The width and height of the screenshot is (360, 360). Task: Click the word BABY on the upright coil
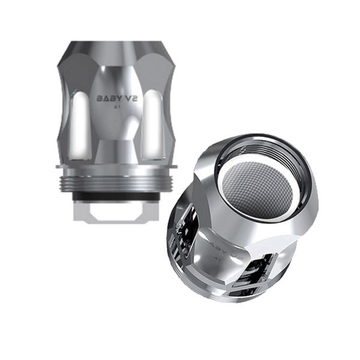coord(108,98)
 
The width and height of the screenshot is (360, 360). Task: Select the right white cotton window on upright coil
coord(154,126)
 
